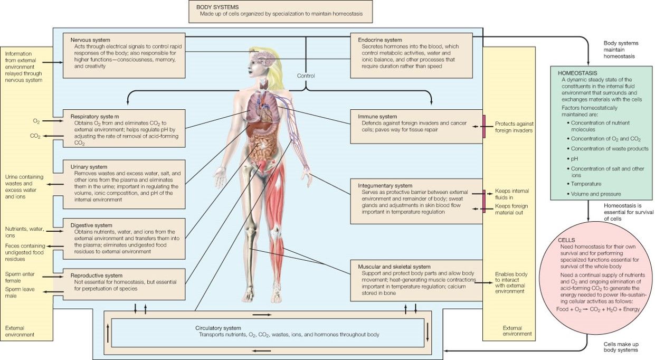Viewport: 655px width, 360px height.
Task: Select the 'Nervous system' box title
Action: [91, 40]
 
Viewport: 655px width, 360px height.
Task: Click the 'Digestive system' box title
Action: [91, 225]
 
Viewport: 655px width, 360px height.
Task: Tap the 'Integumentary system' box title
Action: [385, 186]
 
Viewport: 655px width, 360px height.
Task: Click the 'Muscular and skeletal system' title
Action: [394, 267]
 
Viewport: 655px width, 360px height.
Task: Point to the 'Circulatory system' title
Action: [218, 328]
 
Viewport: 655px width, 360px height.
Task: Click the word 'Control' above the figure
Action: [306, 76]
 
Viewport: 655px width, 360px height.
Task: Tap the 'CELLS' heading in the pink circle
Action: [567, 240]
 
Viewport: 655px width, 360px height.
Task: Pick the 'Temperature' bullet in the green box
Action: [586, 184]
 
